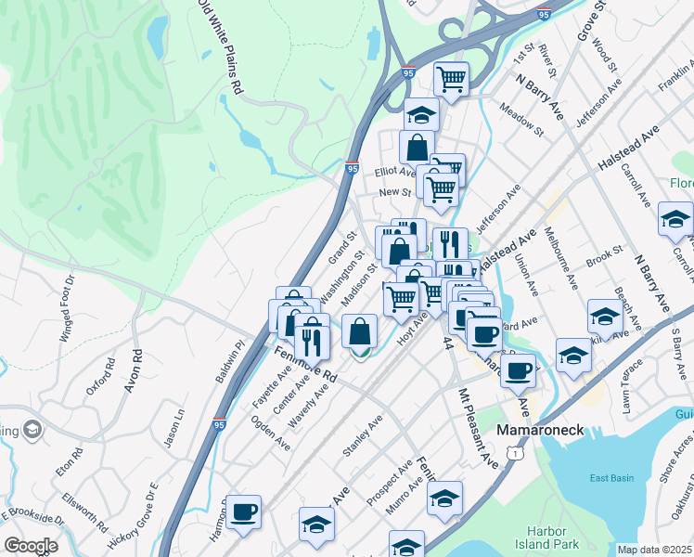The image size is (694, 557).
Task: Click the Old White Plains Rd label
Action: pyautogui.click(x=221, y=47)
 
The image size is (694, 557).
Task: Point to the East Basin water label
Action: pyautogui.click(x=612, y=479)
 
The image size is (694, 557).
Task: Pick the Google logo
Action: pyautogui.click(x=31, y=546)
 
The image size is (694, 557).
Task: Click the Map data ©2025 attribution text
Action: pyautogui.click(x=654, y=550)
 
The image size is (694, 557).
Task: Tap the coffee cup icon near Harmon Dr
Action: pyautogui.click(x=243, y=512)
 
